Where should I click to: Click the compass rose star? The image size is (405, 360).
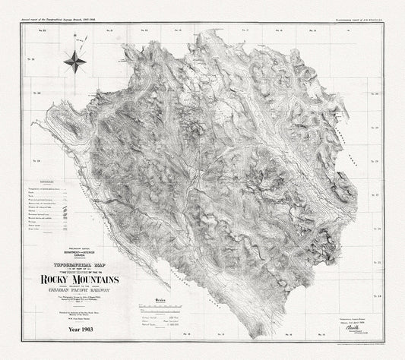point(74,58)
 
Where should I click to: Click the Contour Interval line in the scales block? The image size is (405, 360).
point(179,321)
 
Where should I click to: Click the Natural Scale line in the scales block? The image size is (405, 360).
point(179,324)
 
